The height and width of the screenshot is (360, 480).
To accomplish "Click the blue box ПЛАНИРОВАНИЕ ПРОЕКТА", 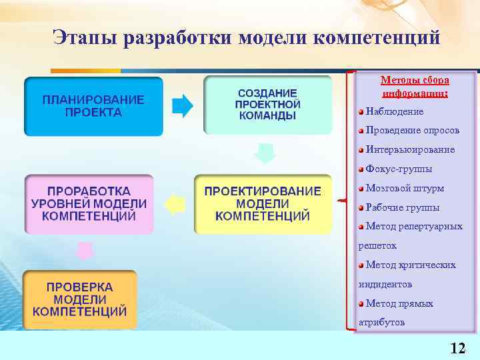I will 93,107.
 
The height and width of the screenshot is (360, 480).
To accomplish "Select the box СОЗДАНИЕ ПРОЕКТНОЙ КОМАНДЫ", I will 267,105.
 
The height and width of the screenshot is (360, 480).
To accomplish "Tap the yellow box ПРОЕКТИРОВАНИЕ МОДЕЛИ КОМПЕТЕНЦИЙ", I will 263,204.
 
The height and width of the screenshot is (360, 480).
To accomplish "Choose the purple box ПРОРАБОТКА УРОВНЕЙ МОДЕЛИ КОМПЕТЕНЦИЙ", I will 89,204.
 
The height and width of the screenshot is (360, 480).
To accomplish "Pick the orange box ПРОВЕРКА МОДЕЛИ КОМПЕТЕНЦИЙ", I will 80,299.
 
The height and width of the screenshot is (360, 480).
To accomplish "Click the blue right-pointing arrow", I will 182,105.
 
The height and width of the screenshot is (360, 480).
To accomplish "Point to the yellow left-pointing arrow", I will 175,204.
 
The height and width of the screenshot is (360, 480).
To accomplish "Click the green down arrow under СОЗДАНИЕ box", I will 265,155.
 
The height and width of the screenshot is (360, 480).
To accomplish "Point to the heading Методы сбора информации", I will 415,86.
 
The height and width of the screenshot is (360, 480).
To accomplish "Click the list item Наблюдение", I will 395,111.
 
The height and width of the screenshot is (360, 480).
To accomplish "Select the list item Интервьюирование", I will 410,149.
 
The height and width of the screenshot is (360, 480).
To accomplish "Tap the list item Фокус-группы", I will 399,169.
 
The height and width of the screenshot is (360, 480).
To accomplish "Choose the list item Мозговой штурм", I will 405,188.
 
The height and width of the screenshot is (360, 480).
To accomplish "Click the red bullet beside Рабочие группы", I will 361,207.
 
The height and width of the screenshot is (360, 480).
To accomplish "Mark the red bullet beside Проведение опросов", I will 361,130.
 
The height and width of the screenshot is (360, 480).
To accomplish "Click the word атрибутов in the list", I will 381,323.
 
